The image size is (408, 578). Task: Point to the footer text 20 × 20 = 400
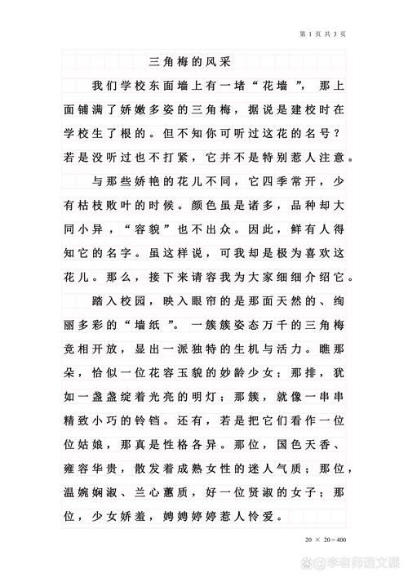325,540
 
